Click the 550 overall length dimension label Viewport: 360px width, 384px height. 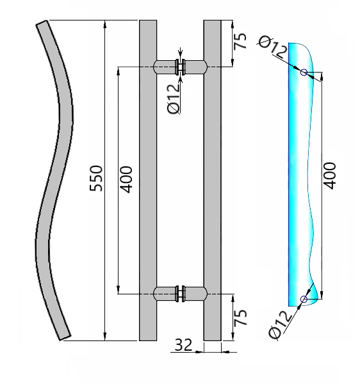(95, 180)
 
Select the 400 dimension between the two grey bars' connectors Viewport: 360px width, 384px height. (126, 180)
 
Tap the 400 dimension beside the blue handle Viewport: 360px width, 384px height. (329, 175)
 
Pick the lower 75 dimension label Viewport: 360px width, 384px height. (240, 318)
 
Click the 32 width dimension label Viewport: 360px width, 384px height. (183, 346)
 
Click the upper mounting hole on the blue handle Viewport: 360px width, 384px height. (304, 72)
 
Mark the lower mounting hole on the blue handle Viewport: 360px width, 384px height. (304, 299)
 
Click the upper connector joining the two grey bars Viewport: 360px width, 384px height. (180, 66)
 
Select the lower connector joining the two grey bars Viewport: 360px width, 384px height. (180, 294)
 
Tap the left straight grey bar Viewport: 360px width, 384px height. (148, 180)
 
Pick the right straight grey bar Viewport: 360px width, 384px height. (212, 180)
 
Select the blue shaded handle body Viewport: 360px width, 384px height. (298, 179)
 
